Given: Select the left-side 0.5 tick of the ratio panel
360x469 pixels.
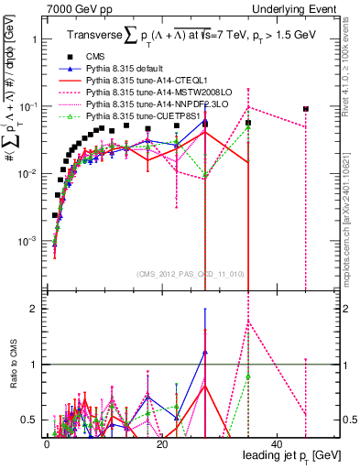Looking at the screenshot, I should tap(30, 420).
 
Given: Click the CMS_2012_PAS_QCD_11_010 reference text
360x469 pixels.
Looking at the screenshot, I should tap(190, 274).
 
